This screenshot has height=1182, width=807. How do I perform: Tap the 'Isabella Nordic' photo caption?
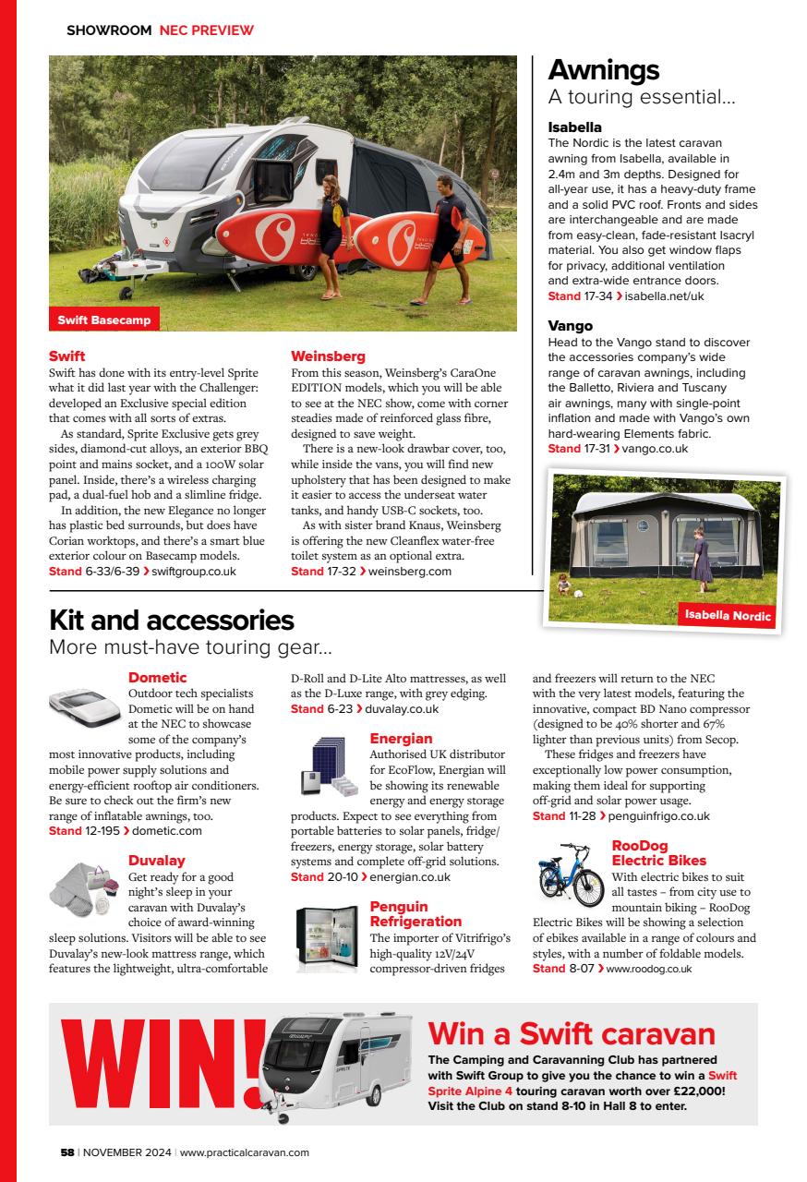(728, 616)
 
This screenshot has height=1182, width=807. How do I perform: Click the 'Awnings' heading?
(604, 70)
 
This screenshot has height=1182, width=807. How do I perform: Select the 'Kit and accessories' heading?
(171, 620)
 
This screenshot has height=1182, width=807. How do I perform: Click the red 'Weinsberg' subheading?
(328, 356)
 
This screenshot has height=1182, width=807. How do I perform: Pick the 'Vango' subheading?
(570, 326)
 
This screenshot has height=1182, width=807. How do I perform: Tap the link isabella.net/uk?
(665, 296)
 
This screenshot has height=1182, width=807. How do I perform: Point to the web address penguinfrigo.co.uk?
(660, 816)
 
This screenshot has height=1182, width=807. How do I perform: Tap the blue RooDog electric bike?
(571, 874)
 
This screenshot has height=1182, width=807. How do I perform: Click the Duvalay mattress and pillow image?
(85, 885)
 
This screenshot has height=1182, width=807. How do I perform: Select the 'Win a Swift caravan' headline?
(572, 1032)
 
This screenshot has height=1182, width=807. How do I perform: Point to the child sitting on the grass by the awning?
(563, 584)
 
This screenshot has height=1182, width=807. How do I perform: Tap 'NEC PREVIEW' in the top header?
(206, 30)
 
